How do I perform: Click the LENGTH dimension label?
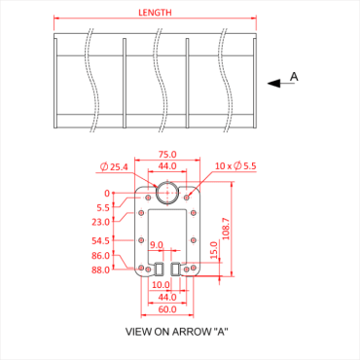tap(155, 12)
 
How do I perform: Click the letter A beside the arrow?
tap(294, 76)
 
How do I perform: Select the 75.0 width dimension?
tap(168, 154)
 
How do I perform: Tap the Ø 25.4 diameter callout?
tap(114, 167)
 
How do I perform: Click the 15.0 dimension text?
tap(213, 251)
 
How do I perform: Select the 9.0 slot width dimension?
tap(156, 245)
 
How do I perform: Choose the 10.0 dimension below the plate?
tap(161, 285)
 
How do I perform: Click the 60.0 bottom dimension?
tap(168, 308)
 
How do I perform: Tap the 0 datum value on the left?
tap(107, 194)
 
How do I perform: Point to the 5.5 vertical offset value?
tap(103, 207)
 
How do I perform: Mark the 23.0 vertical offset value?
tap(101, 221)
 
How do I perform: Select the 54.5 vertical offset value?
tap(101, 240)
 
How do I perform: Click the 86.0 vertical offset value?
tap(101, 256)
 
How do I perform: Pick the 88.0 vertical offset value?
tap(101, 270)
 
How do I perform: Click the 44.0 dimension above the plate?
tap(168, 166)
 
